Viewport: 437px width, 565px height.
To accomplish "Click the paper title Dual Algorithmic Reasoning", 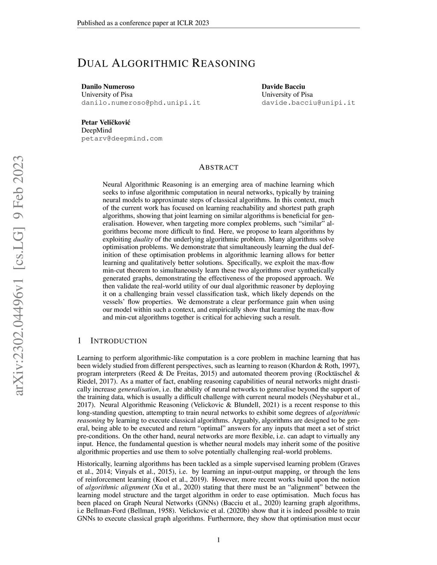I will pos(166,64).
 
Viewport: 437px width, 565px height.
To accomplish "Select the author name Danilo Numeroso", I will pos(108,87).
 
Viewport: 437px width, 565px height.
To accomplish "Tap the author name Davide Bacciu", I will pos(283,87).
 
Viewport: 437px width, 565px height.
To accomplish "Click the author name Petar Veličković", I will pos(106,122).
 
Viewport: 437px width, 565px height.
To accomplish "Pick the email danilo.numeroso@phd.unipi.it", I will pos(141,103).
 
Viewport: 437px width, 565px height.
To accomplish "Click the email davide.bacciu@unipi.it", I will pos(308,103).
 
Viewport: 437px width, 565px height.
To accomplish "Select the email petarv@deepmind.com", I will pos(122,139).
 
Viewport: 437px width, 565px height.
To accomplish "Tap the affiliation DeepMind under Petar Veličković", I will pos(96,130).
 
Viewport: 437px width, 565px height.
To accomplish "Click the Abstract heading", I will pos(218,167).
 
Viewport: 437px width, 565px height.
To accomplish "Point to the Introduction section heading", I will pos(119,341).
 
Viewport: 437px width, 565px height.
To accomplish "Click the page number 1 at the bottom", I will pos(218,540).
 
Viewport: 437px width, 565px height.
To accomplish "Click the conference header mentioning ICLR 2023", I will pos(143,23).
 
